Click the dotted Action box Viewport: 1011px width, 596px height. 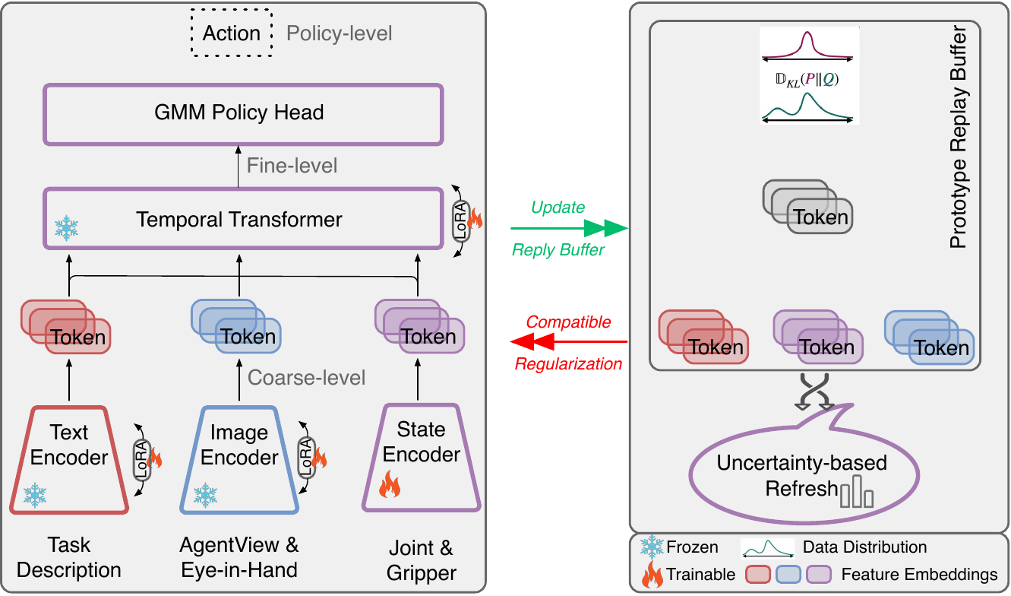[231, 33]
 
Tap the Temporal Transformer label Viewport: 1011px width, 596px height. [239, 220]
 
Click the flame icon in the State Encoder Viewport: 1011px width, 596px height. [390, 484]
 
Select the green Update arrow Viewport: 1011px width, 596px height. [570, 227]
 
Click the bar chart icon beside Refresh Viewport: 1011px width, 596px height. [857, 493]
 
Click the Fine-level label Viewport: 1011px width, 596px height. [292, 166]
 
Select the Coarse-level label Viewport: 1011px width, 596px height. [307, 377]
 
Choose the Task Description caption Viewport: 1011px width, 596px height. [69, 557]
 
